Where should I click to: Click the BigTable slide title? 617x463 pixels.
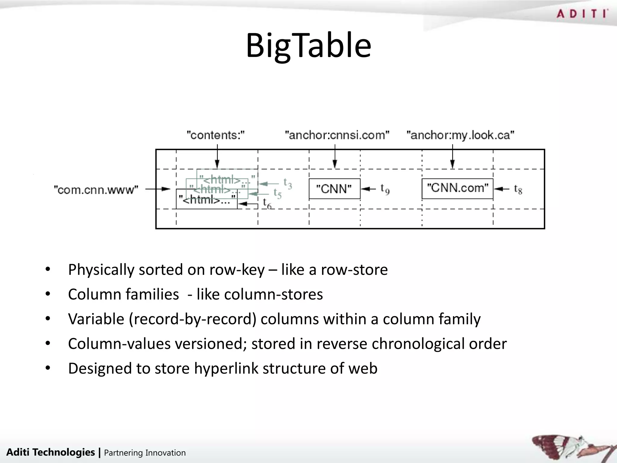[308, 46]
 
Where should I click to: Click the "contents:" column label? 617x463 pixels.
[216, 135]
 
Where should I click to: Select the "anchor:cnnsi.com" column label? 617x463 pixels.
[337, 135]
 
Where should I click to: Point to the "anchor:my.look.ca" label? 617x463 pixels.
[460, 135]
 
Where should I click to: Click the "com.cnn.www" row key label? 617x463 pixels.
[96, 190]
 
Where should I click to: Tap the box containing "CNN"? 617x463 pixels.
[334, 189]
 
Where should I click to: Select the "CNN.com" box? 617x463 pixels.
[457, 188]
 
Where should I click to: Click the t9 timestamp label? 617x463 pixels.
[385, 189]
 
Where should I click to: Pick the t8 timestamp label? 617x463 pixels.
[518, 189]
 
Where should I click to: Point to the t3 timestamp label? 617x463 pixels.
[288, 183]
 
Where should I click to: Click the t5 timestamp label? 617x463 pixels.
[277, 193]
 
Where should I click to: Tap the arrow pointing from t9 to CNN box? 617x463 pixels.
[368, 189]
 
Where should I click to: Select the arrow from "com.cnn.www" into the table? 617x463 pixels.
[158, 189]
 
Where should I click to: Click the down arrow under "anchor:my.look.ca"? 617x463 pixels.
[452, 157]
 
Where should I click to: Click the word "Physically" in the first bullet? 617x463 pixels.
[101, 270]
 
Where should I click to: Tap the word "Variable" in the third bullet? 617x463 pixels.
[96, 319]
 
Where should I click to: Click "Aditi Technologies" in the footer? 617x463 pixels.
[50, 452]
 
